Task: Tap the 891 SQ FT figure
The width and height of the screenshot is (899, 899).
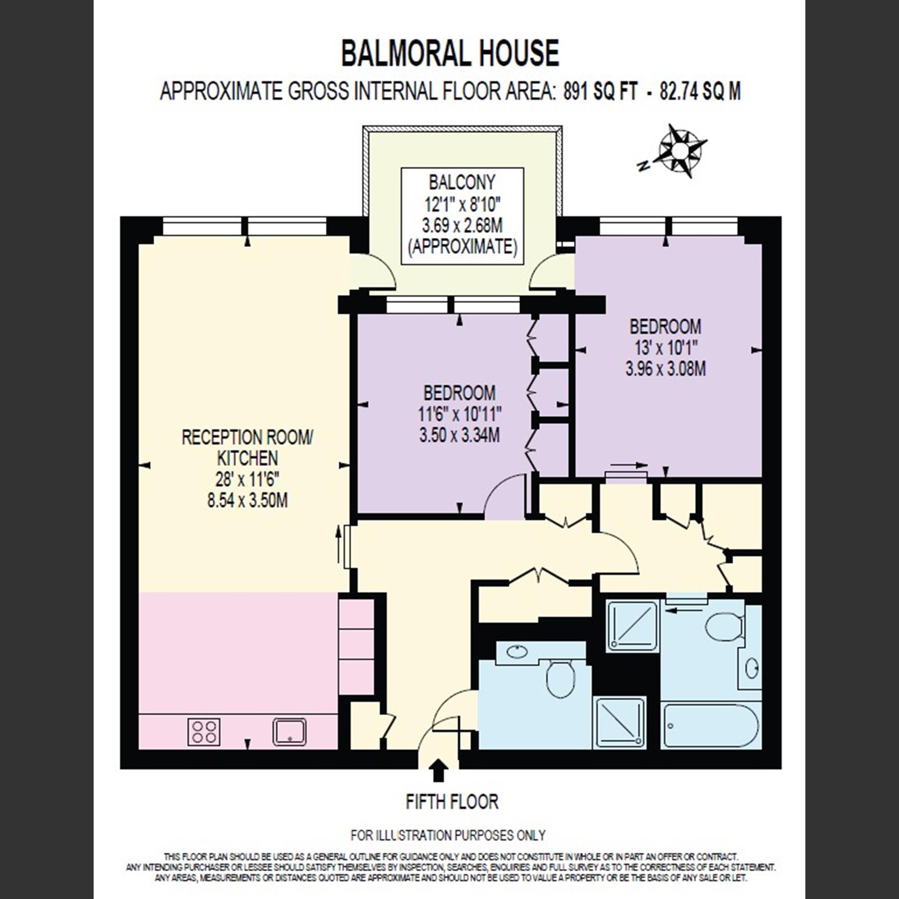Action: [600, 91]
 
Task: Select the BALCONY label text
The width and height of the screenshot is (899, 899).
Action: [462, 182]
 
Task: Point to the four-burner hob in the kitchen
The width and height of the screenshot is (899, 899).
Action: [204, 732]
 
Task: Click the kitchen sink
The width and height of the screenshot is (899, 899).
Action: [289, 732]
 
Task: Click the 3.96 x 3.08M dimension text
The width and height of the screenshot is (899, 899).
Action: [665, 369]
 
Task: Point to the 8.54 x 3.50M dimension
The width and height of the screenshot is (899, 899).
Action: [247, 500]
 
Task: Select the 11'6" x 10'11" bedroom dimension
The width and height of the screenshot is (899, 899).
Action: [460, 414]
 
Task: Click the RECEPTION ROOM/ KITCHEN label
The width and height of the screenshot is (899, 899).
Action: [247, 448]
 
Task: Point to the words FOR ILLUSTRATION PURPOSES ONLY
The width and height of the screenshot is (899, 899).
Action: [448, 835]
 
